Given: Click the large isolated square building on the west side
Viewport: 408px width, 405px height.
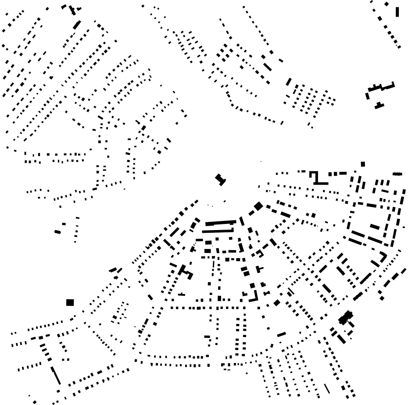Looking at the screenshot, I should (70, 302).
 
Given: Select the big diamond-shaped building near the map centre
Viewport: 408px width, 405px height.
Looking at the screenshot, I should (258, 206).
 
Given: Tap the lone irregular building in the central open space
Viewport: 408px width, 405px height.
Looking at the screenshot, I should (220, 179).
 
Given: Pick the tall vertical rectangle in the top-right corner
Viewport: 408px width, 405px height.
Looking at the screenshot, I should (397, 11).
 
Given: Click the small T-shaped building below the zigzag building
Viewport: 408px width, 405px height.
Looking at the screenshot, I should (379, 106).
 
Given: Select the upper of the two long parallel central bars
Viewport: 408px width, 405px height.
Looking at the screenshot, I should (220, 223).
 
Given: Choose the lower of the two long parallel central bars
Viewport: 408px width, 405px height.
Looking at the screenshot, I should (218, 231).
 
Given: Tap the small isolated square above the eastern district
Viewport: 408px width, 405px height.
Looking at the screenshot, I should (363, 164).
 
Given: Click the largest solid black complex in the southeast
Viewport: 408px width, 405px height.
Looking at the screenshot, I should (346, 317).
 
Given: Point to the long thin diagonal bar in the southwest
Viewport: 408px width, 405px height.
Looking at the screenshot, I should (55, 376).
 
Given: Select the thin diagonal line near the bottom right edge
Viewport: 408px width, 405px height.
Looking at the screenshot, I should (327, 388).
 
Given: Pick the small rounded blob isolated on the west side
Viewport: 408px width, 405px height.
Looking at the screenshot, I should (57, 231).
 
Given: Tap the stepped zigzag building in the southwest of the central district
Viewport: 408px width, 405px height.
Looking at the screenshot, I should (186, 271).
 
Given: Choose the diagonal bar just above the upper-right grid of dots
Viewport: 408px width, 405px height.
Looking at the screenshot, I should (289, 82).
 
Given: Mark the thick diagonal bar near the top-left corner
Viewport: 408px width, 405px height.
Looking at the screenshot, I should (77, 25).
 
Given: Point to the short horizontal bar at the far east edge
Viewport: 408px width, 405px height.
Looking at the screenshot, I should (397, 174).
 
